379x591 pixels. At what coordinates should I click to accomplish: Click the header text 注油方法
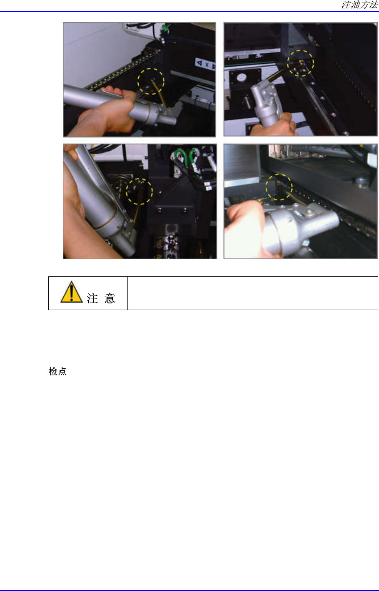[360, 5]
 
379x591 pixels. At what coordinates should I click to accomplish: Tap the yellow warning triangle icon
[72, 292]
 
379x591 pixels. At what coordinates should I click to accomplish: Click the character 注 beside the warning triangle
[92, 298]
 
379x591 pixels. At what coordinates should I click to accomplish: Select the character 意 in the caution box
[110, 298]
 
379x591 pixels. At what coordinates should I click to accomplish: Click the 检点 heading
[57, 371]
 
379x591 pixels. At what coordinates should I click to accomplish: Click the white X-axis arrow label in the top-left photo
[205, 64]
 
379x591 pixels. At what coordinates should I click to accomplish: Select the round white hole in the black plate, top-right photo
[242, 77]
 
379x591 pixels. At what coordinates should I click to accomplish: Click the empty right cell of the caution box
[253, 293]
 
